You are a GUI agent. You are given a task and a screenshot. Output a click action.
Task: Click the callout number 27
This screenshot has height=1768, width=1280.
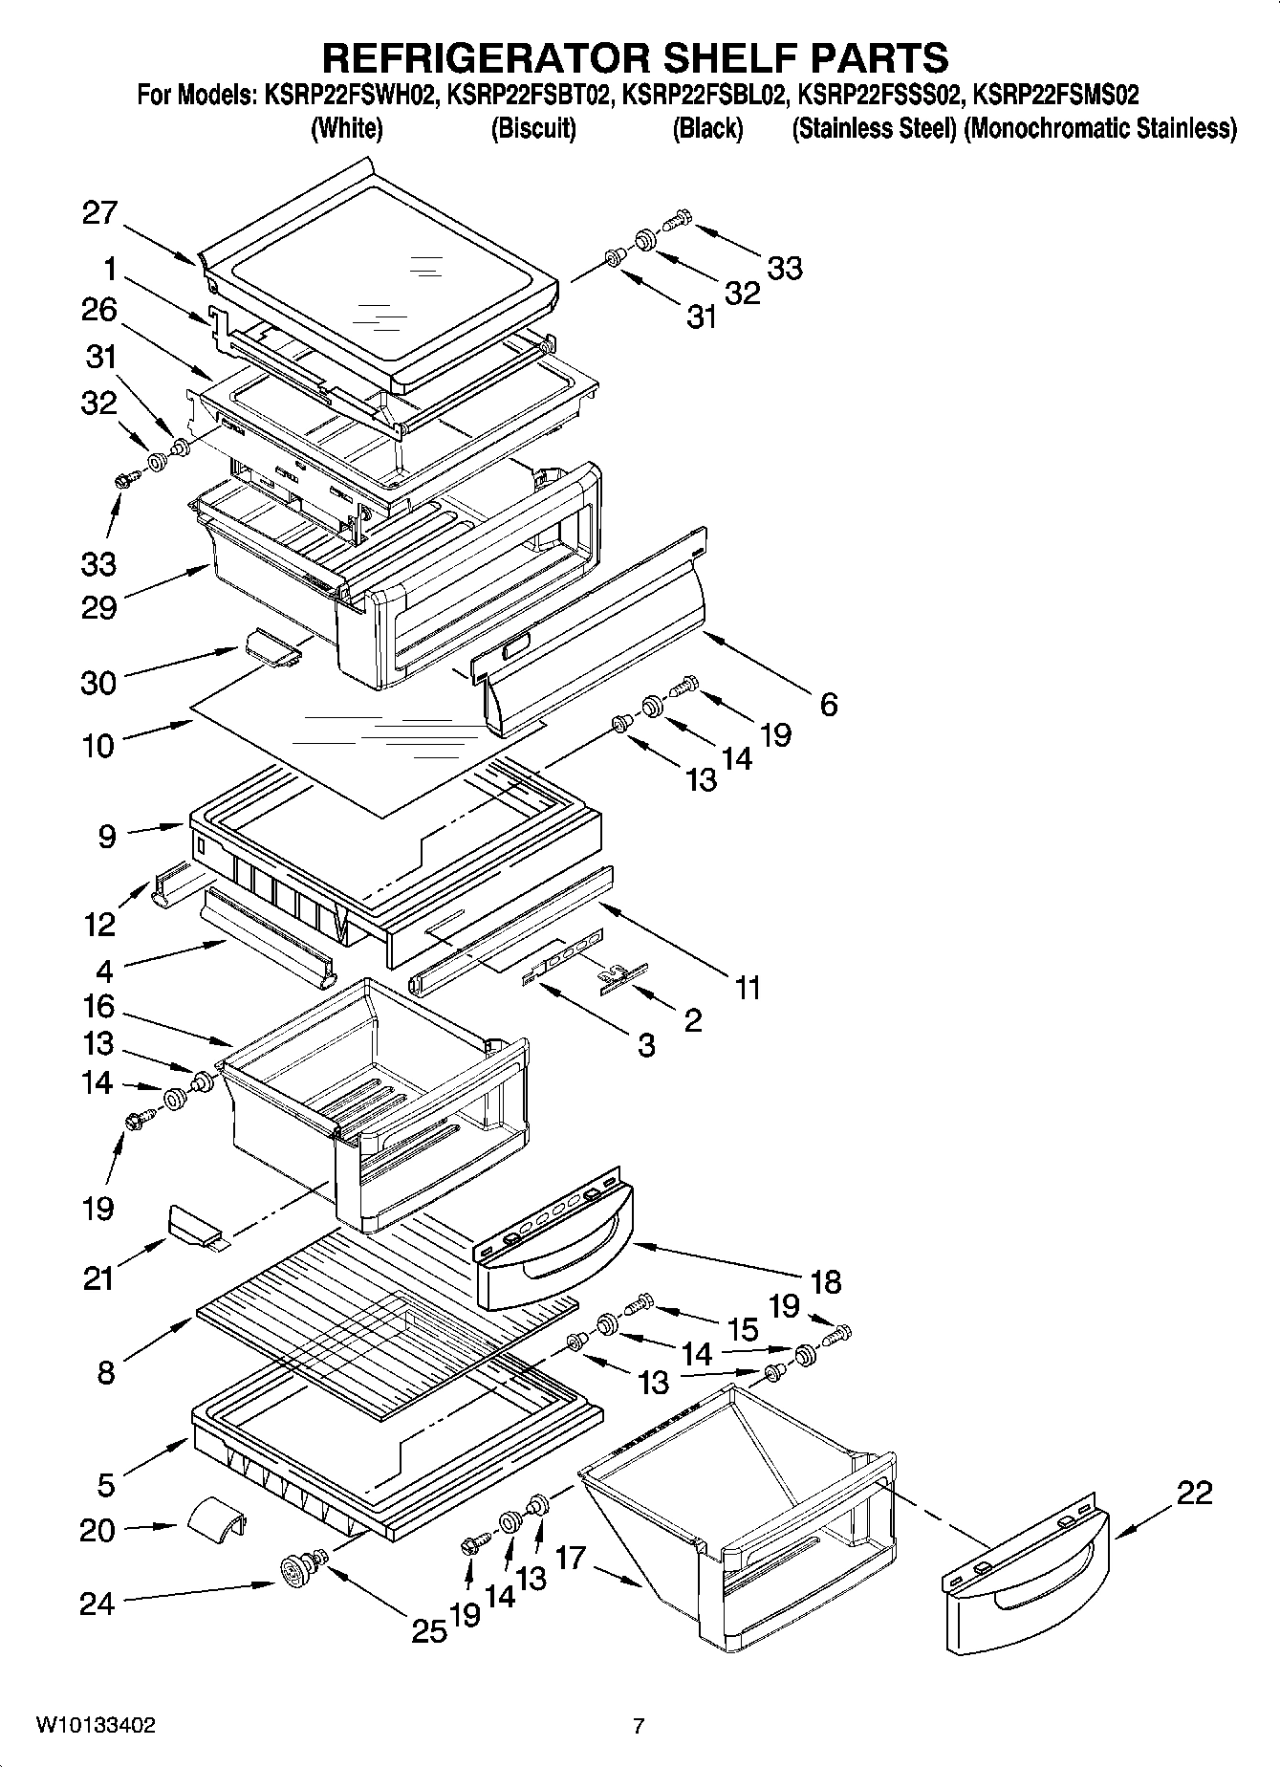tap(99, 212)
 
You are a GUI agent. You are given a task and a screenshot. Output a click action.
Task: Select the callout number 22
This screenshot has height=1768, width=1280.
tap(1193, 1492)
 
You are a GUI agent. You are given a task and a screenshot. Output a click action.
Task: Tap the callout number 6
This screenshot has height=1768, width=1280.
tap(828, 705)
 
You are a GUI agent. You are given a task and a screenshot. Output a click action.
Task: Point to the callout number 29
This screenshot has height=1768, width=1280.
tap(99, 607)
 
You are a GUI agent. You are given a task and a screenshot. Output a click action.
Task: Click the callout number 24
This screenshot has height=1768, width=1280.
tap(98, 1604)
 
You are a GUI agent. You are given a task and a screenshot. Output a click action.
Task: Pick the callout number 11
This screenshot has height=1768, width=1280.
tap(747, 987)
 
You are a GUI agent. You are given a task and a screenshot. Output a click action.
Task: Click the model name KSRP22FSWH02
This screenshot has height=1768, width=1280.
tap(348, 95)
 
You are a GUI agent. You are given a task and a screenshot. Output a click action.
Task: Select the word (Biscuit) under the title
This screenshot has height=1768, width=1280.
tap(533, 128)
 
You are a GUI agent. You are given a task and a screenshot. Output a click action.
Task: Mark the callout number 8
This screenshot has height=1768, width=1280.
tap(106, 1373)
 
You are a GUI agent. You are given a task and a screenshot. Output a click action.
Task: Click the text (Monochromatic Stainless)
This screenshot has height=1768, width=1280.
tap(1100, 128)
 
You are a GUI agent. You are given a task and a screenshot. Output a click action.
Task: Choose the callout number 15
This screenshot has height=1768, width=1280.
tap(742, 1328)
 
